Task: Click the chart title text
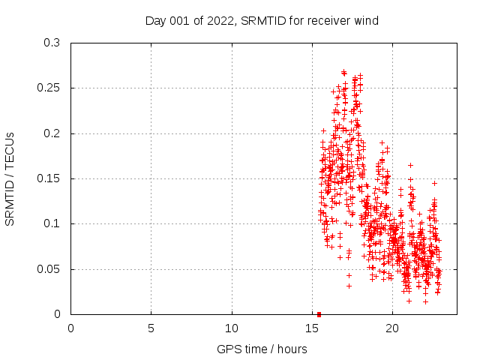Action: pyautogui.click(x=262, y=21)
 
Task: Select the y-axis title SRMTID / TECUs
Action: pyautogui.click(x=10, y=178)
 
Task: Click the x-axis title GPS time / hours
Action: pyautogui.click(x=262, y=349)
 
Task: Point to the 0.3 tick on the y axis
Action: pyautogui.click(x=52, y=43)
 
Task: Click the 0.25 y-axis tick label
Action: pyautogui.click(x=49, y=88)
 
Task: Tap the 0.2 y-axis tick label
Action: pyautogui.click(x=52, y=133)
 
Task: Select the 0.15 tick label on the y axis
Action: pyautogui.click(x=49, y=178)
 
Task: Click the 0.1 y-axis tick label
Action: pyautogui.click(x=52, y=224)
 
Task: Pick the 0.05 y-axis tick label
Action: pyautogui.click(x=49, y=269)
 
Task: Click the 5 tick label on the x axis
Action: pyautogui.click(x=151, y=328)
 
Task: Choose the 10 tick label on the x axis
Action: pyautogui.click(x=232, y=328)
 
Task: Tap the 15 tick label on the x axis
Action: pyautogui.click(x=312, y=328)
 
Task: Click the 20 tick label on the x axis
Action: pyautogui.click(x=392, y=328)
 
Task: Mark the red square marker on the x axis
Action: pyautogui.click(x=319, y=314)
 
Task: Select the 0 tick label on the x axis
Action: pyautogui.click(x=70, y=328)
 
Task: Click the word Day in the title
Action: pyautogui.click(x=155, y=21)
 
